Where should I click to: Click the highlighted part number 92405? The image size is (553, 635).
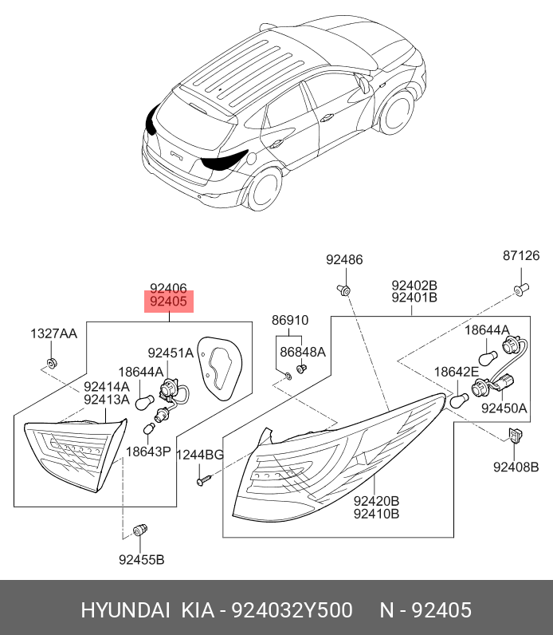click(169, 302)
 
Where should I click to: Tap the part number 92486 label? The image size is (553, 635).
click(344, 259)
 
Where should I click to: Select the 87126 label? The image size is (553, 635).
click(521, 255)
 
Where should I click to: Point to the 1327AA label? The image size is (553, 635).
click(53, 333)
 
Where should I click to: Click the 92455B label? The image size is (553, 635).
click(142, 560)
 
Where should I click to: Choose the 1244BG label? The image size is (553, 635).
click(200, 455)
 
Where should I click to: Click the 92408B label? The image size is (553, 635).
click(516, 467)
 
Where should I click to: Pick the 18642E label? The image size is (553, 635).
click(457, 372)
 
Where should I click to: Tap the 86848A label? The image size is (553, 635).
click(303, 352)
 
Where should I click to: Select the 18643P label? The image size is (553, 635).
click(148, 452)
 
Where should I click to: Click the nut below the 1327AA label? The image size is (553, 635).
click(51, 362)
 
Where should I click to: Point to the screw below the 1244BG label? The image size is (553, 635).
click(203, 480)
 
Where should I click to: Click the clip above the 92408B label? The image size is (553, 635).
click(515, 436)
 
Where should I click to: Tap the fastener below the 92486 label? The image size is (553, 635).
click(344, 290)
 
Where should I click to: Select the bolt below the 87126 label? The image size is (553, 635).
click(521, 289)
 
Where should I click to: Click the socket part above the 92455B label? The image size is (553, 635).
click(140, 530)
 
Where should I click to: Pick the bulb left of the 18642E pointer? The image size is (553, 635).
click(459, 401)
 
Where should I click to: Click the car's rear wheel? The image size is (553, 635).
click(265, 189)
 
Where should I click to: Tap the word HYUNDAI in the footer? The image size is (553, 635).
click(125, 610)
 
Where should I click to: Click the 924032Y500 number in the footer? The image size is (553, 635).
click(292, 610)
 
